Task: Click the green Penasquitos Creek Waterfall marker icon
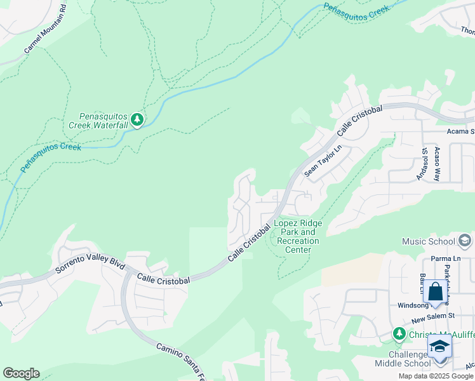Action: pos(137,120)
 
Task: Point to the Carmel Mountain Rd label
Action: pos(46,30)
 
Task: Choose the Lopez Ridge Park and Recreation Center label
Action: pos(297,236)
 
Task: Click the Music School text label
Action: pos(428,241)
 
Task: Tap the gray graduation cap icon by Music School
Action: pos(465,241)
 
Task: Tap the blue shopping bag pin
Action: pos(436,292)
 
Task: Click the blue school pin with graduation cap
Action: pos(439,347)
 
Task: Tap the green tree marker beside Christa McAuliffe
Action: pos(398,333)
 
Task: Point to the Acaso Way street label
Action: pos(437,164)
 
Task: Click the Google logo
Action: pos(21,373)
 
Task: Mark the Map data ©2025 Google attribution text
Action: pos(435,376)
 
